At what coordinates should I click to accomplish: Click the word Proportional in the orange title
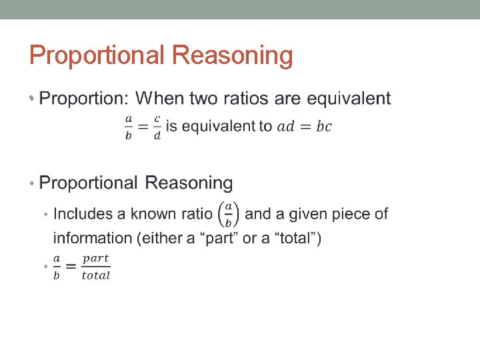pos(97,56)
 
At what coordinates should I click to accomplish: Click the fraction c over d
pos(157,127)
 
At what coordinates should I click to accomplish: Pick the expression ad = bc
pos(304,127)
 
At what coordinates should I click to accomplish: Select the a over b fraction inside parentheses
pos(228,214)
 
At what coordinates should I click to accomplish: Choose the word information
pos(93,238)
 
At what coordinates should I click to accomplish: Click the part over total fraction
pos(96,267)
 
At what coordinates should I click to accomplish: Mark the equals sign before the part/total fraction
pos(71,267)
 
